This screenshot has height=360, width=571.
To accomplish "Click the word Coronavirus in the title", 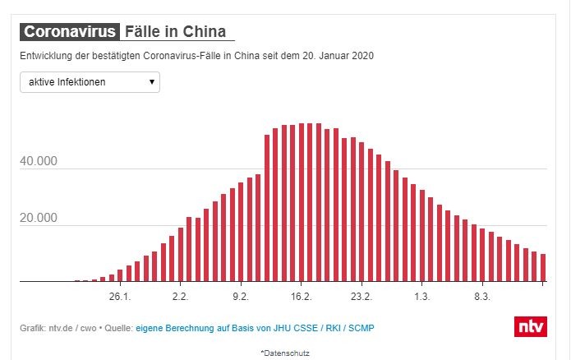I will pyautogui.click(x=71, y=32).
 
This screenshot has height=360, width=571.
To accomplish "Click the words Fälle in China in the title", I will pyautogui.click(x=175, y=32).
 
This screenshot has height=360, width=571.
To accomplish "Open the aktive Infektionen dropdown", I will pyautogui.click(x=90, y=82).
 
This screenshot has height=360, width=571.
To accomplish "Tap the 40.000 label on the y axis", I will pyautogui.click(x=39, y=161).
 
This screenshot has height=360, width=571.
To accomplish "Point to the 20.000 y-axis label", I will pyautogui.click(x=39, y=218).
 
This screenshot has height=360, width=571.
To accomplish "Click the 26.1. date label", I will pyautogui.click(x=120, y=296).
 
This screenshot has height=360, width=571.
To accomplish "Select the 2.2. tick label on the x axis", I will pyautogui.click(x=181, y=296).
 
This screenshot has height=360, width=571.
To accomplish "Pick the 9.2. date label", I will pyautogui.click(x=241, y=296).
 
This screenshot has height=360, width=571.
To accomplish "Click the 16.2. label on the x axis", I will pyautogui.click(x=302, y=296).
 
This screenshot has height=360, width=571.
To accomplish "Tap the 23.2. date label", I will pyautogui.click(x=361, y=296).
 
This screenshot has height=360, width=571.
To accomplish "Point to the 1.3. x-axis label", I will pyautogui.click(x=422, y=296).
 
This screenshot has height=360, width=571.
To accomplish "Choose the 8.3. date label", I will pyautogui.click(x=482, y=296).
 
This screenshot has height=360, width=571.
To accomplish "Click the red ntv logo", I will pyautogui.click(x=530, y=326).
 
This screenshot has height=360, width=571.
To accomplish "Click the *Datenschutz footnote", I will pyautogui.click(x=285, y=353).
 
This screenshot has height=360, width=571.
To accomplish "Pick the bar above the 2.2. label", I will pyautogui.click(x=181, y=255).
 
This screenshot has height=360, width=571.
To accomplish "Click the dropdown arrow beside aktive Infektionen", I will pyautogui.click(x=152, y=82).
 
